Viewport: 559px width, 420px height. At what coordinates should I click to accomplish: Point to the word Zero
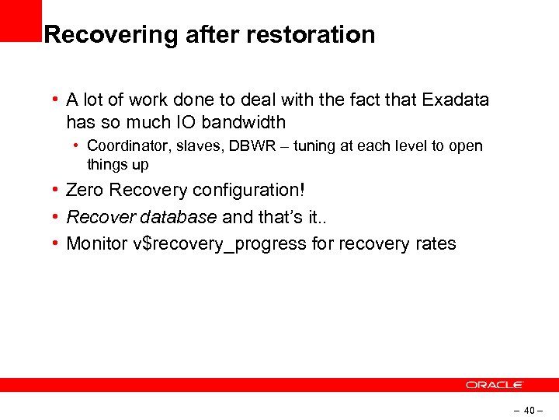coord(85,191)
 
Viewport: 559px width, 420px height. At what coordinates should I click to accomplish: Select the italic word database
coord(180,217)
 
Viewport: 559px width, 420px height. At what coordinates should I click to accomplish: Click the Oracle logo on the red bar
coord(495,385)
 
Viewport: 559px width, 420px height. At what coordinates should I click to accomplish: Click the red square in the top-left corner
coord(20,20)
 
